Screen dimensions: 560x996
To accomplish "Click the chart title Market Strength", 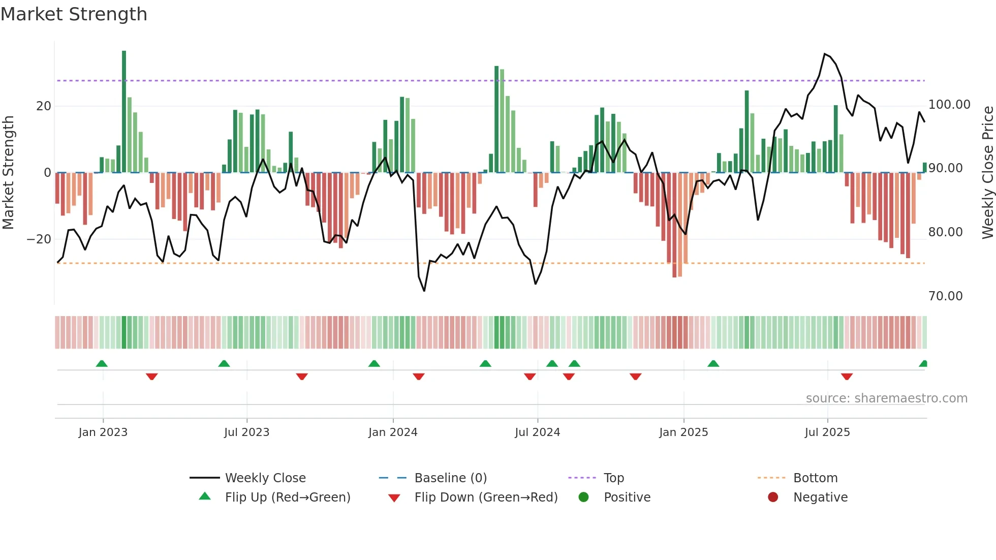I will click(74, 14).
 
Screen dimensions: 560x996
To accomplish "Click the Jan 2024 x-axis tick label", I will click(393, 432).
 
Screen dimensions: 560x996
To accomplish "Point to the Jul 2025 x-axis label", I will click(827, 432).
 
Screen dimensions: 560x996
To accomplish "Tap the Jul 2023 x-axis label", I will click(246, 432).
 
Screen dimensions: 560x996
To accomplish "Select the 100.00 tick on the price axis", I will click(949, 105).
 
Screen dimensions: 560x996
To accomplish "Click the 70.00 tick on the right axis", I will click(945, 296).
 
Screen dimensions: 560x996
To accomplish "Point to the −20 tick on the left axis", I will click(39, 239).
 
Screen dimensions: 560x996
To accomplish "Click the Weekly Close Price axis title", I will click(987, 172).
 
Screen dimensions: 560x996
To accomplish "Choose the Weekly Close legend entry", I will click(265, 478).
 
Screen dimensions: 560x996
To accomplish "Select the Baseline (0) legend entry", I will click(450, 478).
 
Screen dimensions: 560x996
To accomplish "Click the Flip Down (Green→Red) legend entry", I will click(485, 497).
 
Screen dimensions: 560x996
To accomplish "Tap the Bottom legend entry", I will click(815, 478).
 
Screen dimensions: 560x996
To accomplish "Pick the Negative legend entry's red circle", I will click(773, 497).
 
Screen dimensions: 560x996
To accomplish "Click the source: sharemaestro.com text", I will click(886, 398).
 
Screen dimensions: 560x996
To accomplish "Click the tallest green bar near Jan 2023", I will click(124, 112).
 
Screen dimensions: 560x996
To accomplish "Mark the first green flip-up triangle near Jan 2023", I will click(102, 363).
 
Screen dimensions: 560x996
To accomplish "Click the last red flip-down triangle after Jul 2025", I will click(847, 377).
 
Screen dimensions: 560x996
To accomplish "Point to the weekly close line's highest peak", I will click(825, 54).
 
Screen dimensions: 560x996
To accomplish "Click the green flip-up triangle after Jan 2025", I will click(713, 363).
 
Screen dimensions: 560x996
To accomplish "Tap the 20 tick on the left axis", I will click(44, 106).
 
